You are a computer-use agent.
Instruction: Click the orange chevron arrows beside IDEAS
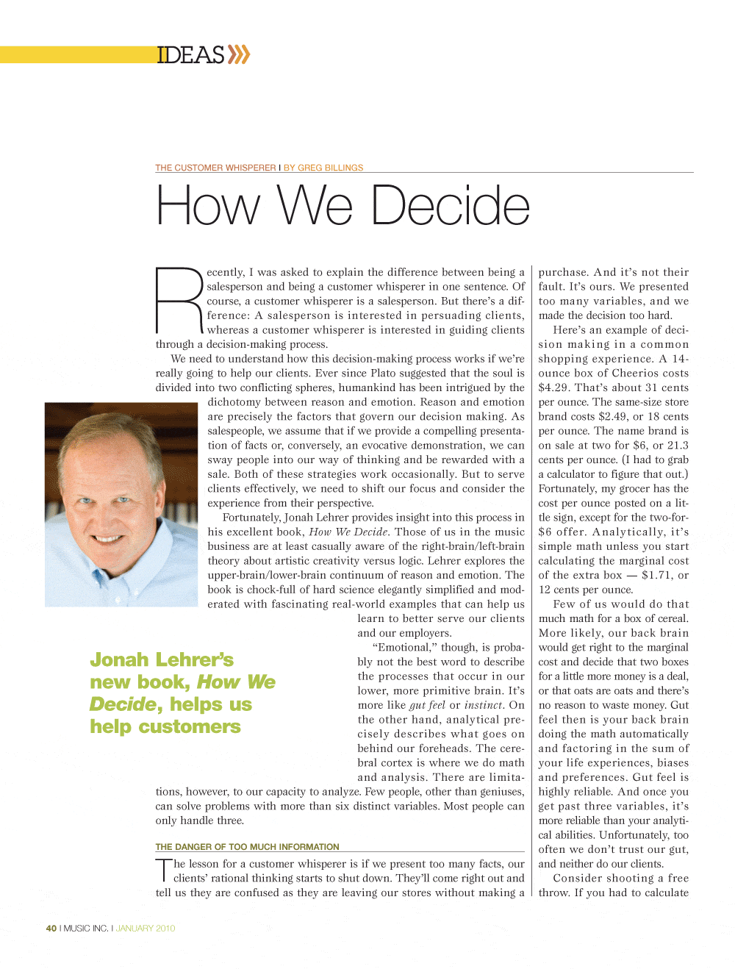(238, 54)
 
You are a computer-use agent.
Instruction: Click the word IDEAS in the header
(190, 55)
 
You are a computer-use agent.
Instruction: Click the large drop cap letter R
(179, 301)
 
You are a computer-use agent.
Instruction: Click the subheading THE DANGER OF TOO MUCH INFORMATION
(247, 847)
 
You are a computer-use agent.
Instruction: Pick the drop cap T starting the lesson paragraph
(163, 870)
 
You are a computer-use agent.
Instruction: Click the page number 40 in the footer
(51, 929)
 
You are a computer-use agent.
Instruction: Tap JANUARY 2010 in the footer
(146, 929)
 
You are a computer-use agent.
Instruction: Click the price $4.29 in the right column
(553, 387)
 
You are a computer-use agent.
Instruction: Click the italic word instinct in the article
(484, 705)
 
